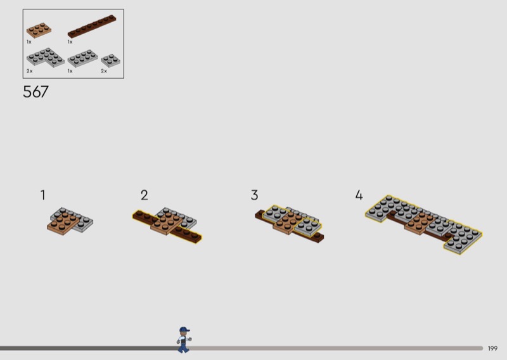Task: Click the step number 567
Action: (35, 91)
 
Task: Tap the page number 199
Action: (492, 349)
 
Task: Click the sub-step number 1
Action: (42, 195)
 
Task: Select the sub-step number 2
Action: (144, 195)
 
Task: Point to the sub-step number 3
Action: (255, 195)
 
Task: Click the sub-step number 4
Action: (359, 195)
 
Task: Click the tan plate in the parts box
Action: (39, 30)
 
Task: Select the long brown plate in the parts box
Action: (92, 26)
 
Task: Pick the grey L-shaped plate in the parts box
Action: (45, 58)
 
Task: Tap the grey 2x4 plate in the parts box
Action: (83, 58)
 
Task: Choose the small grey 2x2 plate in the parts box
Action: (110, 60)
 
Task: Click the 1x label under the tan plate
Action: (29, 42)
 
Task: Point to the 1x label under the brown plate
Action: (70, 42)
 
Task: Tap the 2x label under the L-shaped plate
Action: (29, 71)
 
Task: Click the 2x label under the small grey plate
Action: (104, 71)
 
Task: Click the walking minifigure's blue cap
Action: (184, 330)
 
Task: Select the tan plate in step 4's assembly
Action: (419, 223)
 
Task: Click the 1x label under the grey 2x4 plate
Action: (70, 71)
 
